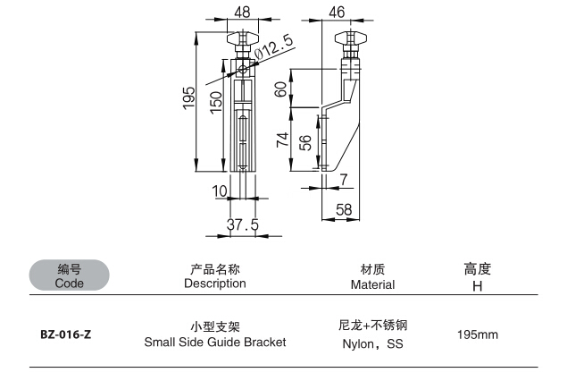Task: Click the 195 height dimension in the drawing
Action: click(x=188, y=97)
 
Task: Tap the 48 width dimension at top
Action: click(x=242, y=11)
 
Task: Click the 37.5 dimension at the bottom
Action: click(x=242, y=225)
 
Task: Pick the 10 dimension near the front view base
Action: click(x=220, y=190)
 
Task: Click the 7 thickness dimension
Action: click(x=344, y=180)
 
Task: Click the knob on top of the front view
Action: click(x=243, y=39)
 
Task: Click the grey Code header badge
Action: click(x=69, y=275)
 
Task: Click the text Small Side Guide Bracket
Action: click(x=215, y=343)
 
